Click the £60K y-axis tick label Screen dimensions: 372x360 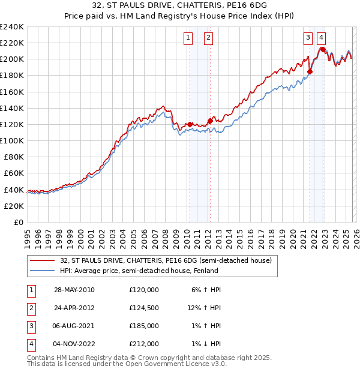point(13,173)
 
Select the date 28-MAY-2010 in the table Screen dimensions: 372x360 point(74,290)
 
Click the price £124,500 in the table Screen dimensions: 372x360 point(144,308)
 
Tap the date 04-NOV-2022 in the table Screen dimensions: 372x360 point(74,344)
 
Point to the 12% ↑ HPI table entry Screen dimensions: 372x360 point(205,308)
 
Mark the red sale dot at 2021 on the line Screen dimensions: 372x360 point(310,71)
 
